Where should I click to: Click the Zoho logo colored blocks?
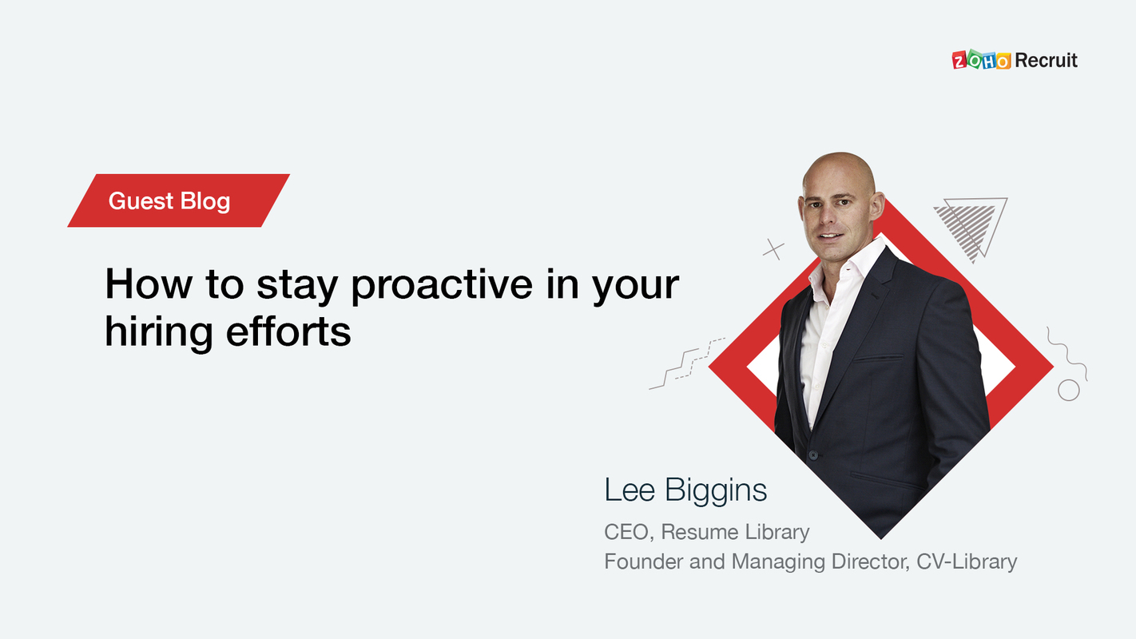(982, 61)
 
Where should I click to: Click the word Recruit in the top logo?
(1046, 60)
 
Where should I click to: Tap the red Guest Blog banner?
(177, 200)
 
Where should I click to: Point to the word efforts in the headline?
(288, 331)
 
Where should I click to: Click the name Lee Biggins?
(685, 490)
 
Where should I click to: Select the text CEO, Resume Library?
(706, 531)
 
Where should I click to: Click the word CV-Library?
(966, 562)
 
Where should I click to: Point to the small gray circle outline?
(1068, 390)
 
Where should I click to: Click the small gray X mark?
(773, 249)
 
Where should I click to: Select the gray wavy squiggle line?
(1066, 351)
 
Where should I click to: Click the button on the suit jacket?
(813, 454)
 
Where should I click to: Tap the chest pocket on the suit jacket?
(878, 357)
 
